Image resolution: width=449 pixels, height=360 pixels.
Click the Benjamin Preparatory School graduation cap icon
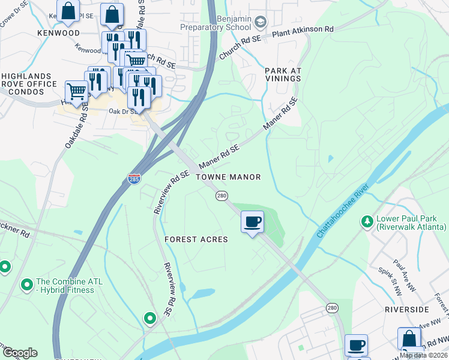(261, 23)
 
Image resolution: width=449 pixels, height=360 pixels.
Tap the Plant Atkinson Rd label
(303, 29)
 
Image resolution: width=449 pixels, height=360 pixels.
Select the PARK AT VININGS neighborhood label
(283, 74)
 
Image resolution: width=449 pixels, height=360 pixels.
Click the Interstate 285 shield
(134, 179)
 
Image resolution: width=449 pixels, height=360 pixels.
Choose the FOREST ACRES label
(196, 239)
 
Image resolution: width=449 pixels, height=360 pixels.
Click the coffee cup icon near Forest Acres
(252, 222)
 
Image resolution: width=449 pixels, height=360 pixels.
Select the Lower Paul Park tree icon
(366, 222)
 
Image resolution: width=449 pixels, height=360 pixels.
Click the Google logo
(20, 352)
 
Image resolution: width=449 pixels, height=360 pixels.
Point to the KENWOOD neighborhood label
(58, 33)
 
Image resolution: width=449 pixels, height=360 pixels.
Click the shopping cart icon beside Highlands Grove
(76, 91)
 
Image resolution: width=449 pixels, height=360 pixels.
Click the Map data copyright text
(423, 355)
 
